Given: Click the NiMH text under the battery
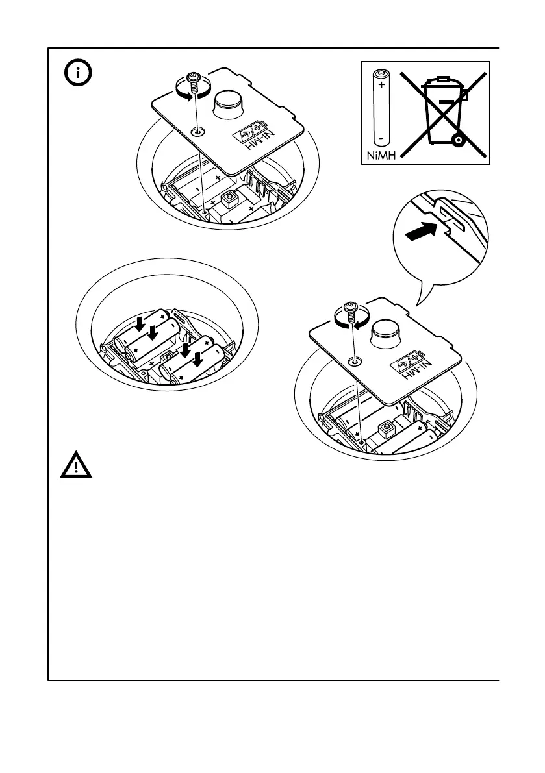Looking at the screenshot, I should [379, 155].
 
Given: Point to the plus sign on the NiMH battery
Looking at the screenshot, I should [381, 85].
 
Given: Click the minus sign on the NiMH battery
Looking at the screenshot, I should [381, 138].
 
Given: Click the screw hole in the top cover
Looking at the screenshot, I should [196, 132].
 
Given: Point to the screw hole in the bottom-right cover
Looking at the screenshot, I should [353, 361].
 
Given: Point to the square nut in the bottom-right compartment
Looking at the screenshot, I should [386, 426].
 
